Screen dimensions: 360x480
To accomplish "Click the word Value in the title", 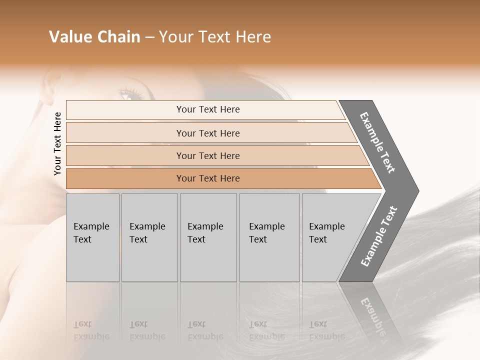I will (x=69, y=37).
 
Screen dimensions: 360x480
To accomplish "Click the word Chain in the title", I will (x=118, y=37).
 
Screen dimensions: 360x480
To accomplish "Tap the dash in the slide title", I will (x=149, y=37).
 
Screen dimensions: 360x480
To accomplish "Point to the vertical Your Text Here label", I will (x=57, y=143).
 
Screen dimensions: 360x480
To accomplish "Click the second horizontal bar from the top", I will (x=208, y=133).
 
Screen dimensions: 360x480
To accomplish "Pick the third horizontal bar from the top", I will (x=208, y=155).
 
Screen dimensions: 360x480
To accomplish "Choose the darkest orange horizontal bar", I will (x=208, y=178).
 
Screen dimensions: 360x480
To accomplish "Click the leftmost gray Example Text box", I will (x=92, y=237).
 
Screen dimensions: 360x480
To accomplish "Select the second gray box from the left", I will (x=149, y=237).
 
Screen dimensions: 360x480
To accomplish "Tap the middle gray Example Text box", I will (x=208, y=237).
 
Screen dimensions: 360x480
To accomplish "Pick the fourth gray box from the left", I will (x=269, y=237).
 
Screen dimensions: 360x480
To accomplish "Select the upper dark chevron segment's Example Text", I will (x=377, y=142).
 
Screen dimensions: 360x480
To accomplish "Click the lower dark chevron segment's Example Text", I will (x=379, y=236).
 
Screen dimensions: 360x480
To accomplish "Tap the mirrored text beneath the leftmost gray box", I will (x=91, y=330).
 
